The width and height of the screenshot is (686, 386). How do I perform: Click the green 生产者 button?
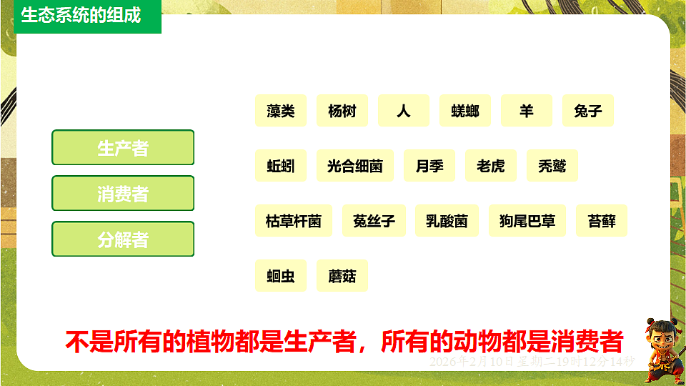click(123, 147)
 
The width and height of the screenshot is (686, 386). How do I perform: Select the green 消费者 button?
click(123, 193)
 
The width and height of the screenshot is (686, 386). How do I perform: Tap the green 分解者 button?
click(123, 239)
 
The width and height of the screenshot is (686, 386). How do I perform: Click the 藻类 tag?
click(281, 111)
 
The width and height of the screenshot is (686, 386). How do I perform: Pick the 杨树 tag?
click(342, 111)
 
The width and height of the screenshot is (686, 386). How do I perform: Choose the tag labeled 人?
click(404, 111)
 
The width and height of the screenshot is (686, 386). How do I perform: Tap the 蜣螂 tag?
click(465, 111)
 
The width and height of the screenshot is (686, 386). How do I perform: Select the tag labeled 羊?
click(527, 111)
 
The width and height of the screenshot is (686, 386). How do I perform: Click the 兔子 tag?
click(588, 111)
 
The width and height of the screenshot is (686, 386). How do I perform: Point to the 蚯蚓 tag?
click(281, 166)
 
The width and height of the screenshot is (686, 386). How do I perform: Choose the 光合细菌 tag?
click(355, 166)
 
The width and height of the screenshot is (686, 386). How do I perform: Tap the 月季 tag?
click(429, 166)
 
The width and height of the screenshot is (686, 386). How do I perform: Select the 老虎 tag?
click(491, 166)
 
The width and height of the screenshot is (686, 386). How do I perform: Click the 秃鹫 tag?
click(552, 166)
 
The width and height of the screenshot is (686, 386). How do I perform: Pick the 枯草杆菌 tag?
click(294, 221)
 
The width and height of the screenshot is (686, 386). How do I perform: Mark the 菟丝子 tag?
click(374, 221)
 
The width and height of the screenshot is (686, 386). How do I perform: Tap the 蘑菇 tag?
click(342, 276)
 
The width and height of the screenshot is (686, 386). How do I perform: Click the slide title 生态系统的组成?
click(81, 15)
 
